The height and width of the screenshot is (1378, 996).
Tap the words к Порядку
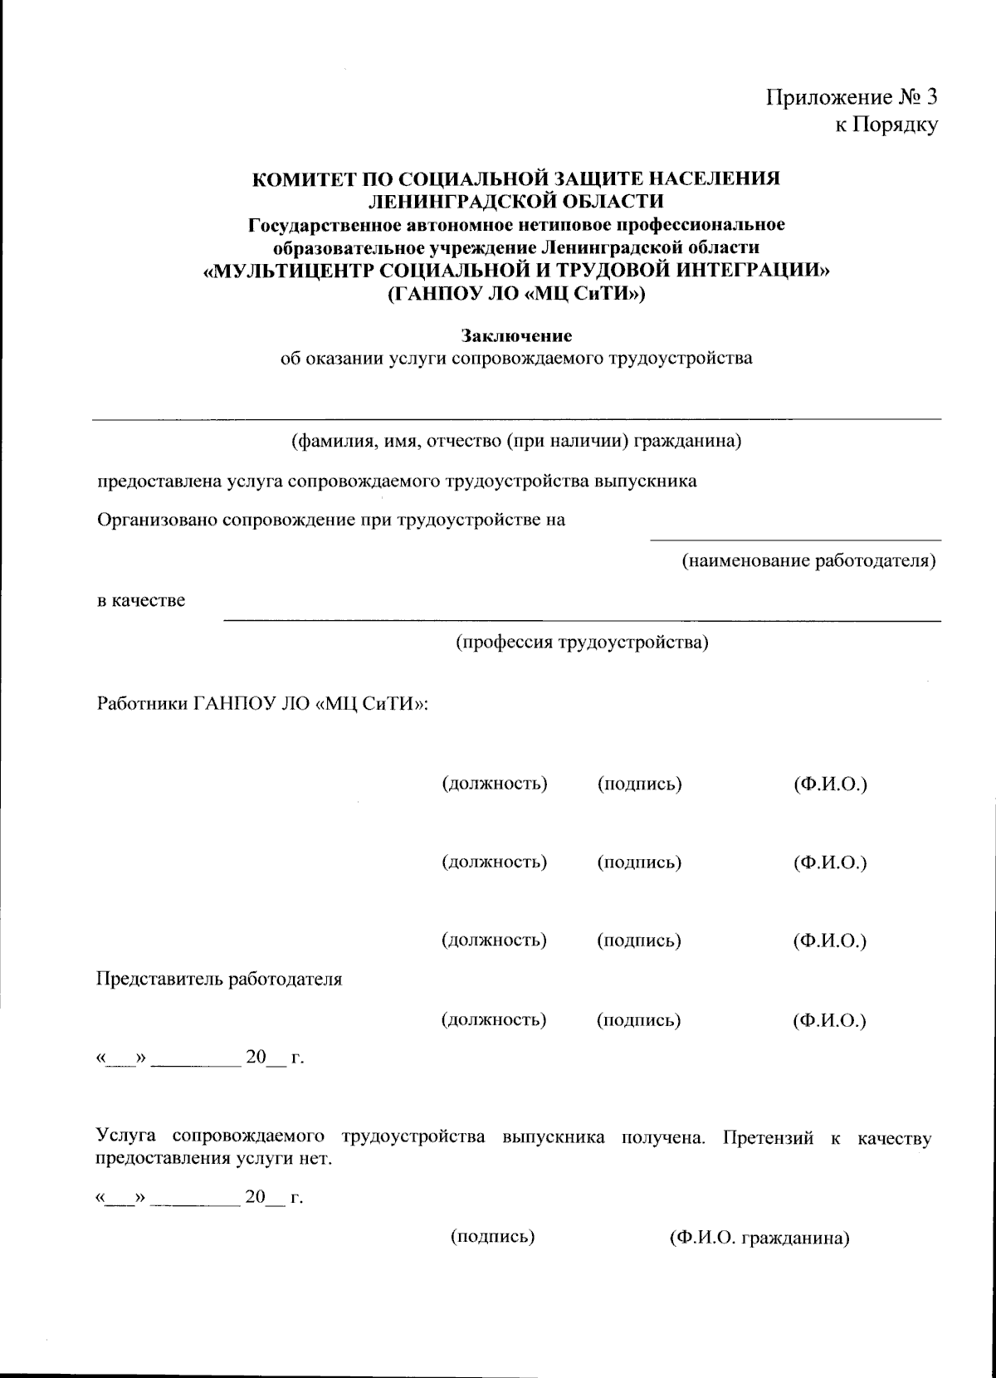pos(886,125)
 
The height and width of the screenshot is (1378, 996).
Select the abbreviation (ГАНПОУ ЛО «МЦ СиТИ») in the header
pos(515,292)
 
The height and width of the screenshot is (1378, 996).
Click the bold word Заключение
pos(516,336)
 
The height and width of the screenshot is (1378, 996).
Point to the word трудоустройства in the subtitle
pos(681,359)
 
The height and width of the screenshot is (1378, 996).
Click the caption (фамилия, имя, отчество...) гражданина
pos(515,440)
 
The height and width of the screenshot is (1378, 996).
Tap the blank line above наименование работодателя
pos(794,540)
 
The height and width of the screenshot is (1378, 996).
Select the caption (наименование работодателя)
pos(808,561)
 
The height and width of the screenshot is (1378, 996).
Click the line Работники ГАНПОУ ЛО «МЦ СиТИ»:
pos(262,704)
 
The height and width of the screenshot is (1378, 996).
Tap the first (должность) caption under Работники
pos(494,784)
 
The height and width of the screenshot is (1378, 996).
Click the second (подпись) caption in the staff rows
pos(638,862)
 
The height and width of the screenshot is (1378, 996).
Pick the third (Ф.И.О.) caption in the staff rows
pos(829,941)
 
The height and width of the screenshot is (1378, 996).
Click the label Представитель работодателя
pos(219,979)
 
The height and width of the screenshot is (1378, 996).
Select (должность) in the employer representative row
pos(493,1019)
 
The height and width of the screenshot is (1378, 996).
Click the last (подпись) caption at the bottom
pos(492,1237)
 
